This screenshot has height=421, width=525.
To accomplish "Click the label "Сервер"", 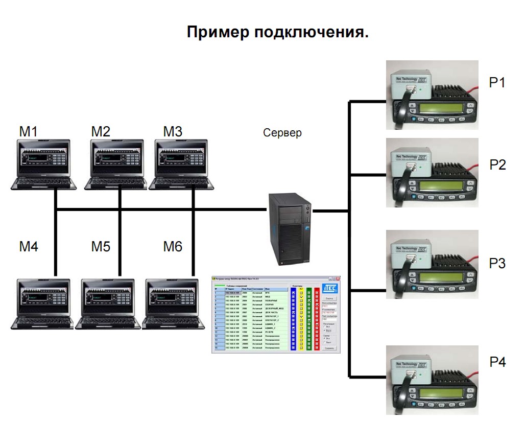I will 282,133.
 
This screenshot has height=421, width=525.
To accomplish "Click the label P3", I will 497,264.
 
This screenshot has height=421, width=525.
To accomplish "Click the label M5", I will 101,247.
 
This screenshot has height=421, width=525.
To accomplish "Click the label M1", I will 29,131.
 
